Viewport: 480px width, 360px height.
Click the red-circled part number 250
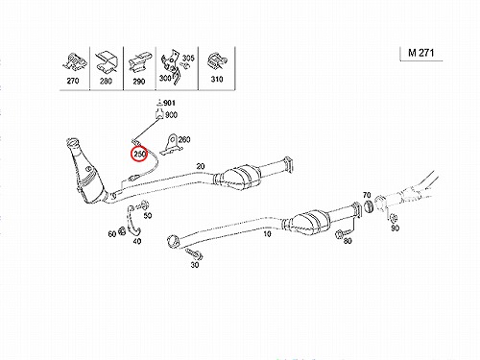pos(140,154)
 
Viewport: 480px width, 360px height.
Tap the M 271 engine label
pos(420,53)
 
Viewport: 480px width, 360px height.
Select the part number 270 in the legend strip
pos(73,81)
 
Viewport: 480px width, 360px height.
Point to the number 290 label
pos(139,82)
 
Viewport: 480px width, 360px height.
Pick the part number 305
pos(188,58)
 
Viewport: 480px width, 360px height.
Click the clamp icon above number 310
pos(217,61)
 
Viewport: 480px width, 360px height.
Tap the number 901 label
pos(169,103)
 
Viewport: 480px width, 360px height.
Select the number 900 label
pos(172,114)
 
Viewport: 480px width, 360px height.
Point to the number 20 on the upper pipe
pos(201,166)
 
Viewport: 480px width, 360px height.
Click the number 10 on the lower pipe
pos(267,234)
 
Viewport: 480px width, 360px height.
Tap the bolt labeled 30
pos(193,253)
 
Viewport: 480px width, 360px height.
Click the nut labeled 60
pos(122,230)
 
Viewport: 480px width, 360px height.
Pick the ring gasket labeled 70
pos(368,206)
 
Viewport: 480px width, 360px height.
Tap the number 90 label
pos(396,228)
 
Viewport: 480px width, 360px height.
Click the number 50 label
pos(148,215)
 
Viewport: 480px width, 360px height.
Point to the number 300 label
pos(165,78)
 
